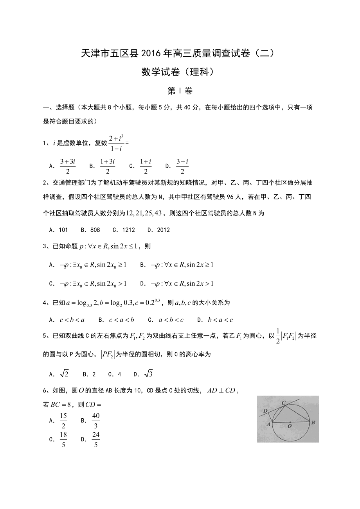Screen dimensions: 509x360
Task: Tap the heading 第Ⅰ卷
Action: click(180, 91)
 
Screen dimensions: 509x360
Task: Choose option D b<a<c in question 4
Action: click(220, 320)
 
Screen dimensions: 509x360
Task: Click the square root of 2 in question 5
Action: click(64, 374)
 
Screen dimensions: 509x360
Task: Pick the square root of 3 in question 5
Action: click(148, 374)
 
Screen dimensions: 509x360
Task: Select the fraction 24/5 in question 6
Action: click(96, 439)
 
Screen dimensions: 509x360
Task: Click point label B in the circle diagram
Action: click(313, 422)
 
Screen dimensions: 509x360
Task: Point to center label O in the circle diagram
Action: click(290, 427)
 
